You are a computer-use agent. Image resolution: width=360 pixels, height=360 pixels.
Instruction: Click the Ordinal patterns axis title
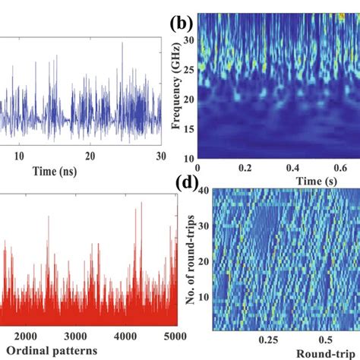[x=58, y=350]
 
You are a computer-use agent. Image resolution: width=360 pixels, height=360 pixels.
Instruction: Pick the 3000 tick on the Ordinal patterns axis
[x=70, y=336]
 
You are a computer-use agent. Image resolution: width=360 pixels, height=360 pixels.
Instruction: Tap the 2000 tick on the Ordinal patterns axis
[x=27, y=336]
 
